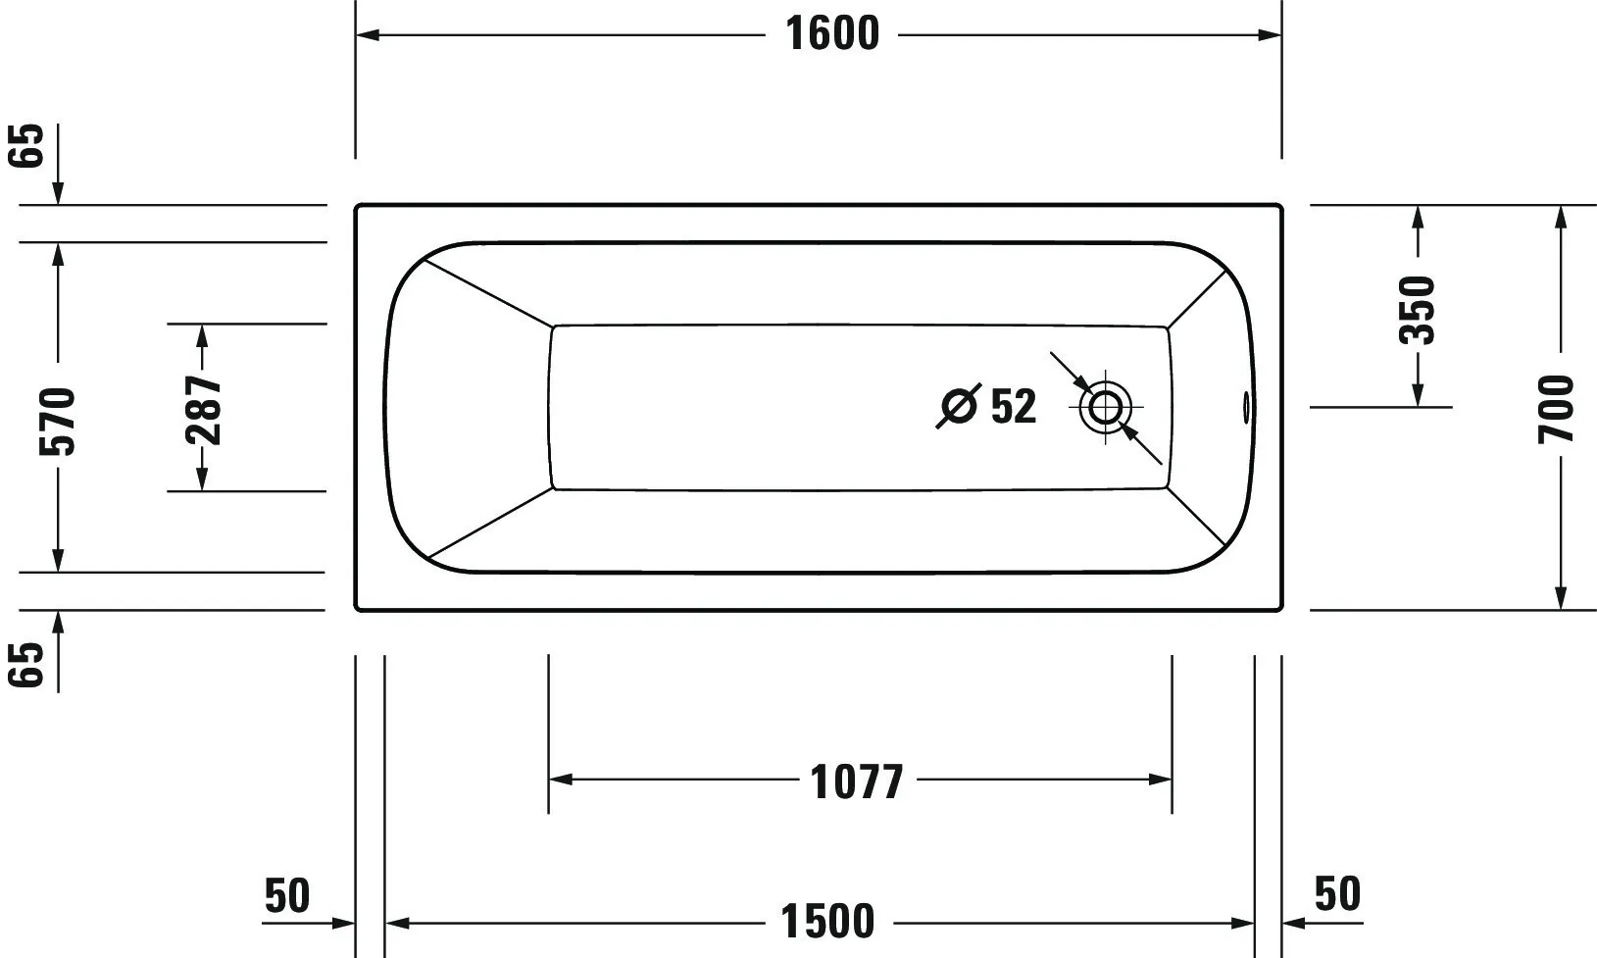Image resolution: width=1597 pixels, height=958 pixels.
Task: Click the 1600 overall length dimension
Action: pyautogui.click(x=832, y=35)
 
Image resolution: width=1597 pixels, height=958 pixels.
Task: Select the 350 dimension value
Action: pyautogui.click(x=1417, y=310)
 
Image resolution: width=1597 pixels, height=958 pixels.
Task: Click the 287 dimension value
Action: pyautogui.click(x=204, y=409)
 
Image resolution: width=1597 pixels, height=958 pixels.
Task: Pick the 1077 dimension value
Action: pyautogui.click(x=857, y=782)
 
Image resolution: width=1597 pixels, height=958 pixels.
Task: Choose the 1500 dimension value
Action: pyautogui.click(x=828, y=923)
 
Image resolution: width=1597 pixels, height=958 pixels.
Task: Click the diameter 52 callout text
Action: pyautogui.click(x=1013, y=406)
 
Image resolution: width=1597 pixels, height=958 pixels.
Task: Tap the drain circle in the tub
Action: pyautogui.click(x=1105, y=406)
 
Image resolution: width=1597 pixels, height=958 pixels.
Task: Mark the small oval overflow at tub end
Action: pyautogui.click(x=1247, y=406)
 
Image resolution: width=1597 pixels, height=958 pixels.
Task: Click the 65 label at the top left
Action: pyautogui.click(x=29, y=146)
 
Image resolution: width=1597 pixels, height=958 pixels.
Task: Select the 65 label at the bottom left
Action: pyautogui.click(x=29, y=665)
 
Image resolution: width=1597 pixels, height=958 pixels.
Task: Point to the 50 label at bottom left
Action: pyautogui.click(x=287, y=895)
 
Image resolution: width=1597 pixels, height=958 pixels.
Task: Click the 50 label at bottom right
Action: pyautogui.click(x=1337, y=894)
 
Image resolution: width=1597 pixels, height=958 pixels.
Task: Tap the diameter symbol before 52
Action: pyautogui.click(x=959, y=406)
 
